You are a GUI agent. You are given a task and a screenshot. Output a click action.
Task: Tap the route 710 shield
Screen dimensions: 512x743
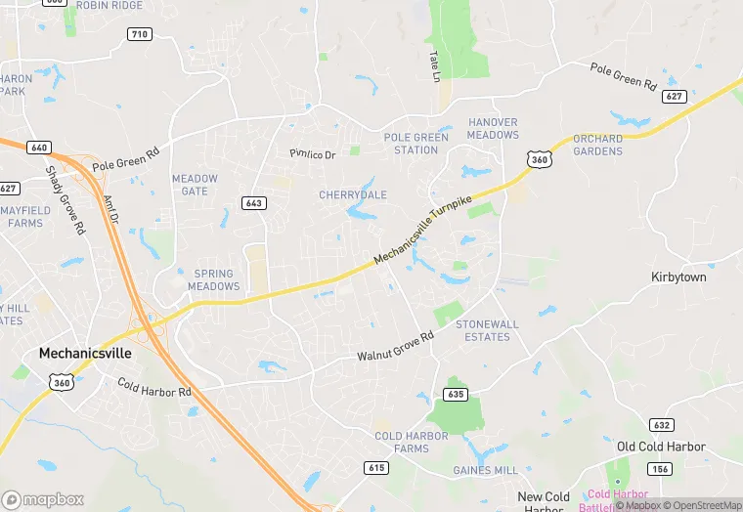coord(140,34)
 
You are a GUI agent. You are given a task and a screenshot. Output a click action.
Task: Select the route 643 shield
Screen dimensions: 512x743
coord(254,202)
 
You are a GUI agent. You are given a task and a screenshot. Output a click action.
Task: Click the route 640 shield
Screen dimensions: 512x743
coord(39,148)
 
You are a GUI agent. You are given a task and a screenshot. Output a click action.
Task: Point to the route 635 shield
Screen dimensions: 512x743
coord(455,394)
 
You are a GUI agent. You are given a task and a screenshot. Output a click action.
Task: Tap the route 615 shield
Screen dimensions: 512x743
coord(376,467)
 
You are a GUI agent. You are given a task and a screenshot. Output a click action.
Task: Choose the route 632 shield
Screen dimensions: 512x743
coord(661,425)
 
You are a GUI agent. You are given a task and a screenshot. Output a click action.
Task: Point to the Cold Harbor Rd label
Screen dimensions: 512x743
coord(153,388)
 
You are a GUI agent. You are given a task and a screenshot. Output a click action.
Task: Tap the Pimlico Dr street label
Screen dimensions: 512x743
coord(313,154)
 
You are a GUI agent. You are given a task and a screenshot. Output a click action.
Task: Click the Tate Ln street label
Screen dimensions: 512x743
coord(435,66)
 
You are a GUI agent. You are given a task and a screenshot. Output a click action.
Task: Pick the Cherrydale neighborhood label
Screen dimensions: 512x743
coord(353,195)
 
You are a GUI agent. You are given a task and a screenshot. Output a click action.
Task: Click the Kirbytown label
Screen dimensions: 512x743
coord(678,277)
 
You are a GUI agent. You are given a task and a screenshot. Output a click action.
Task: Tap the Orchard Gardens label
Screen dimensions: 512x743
coord(597,145)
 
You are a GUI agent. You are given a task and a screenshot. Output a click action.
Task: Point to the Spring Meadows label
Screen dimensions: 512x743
coord(213,280)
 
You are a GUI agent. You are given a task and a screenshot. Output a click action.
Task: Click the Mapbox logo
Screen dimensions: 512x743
coord(44,499)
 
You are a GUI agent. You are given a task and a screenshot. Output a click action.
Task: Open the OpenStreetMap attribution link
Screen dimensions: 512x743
coord(703,505)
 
